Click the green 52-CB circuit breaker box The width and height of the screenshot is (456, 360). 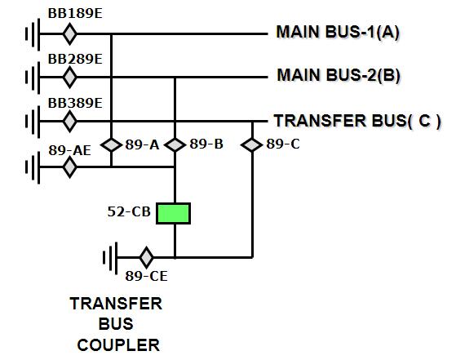click(175, 213)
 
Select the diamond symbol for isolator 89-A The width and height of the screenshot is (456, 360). click(111, 144)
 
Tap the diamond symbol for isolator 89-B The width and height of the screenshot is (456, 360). click(175, 144)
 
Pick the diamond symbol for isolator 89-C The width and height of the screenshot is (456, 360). click(252, 144)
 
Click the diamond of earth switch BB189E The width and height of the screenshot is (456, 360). click(70, 34)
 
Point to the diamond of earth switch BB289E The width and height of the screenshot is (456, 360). click(70, 78)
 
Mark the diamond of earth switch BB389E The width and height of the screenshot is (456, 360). click(70, 121)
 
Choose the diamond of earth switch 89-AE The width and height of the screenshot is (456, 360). click(70, 167)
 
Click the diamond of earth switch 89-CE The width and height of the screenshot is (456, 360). click(146, 257)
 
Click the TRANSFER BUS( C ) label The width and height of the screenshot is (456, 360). click(357, 121)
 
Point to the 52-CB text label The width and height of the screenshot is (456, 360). click(129, 212)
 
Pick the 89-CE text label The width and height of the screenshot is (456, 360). click(146, 277)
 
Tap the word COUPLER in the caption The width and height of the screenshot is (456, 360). click(117, 345)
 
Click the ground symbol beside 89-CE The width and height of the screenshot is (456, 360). click(110, 257)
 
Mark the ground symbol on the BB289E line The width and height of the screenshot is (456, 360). click(32, 78)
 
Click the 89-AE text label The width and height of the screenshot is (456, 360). click(69, 149)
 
